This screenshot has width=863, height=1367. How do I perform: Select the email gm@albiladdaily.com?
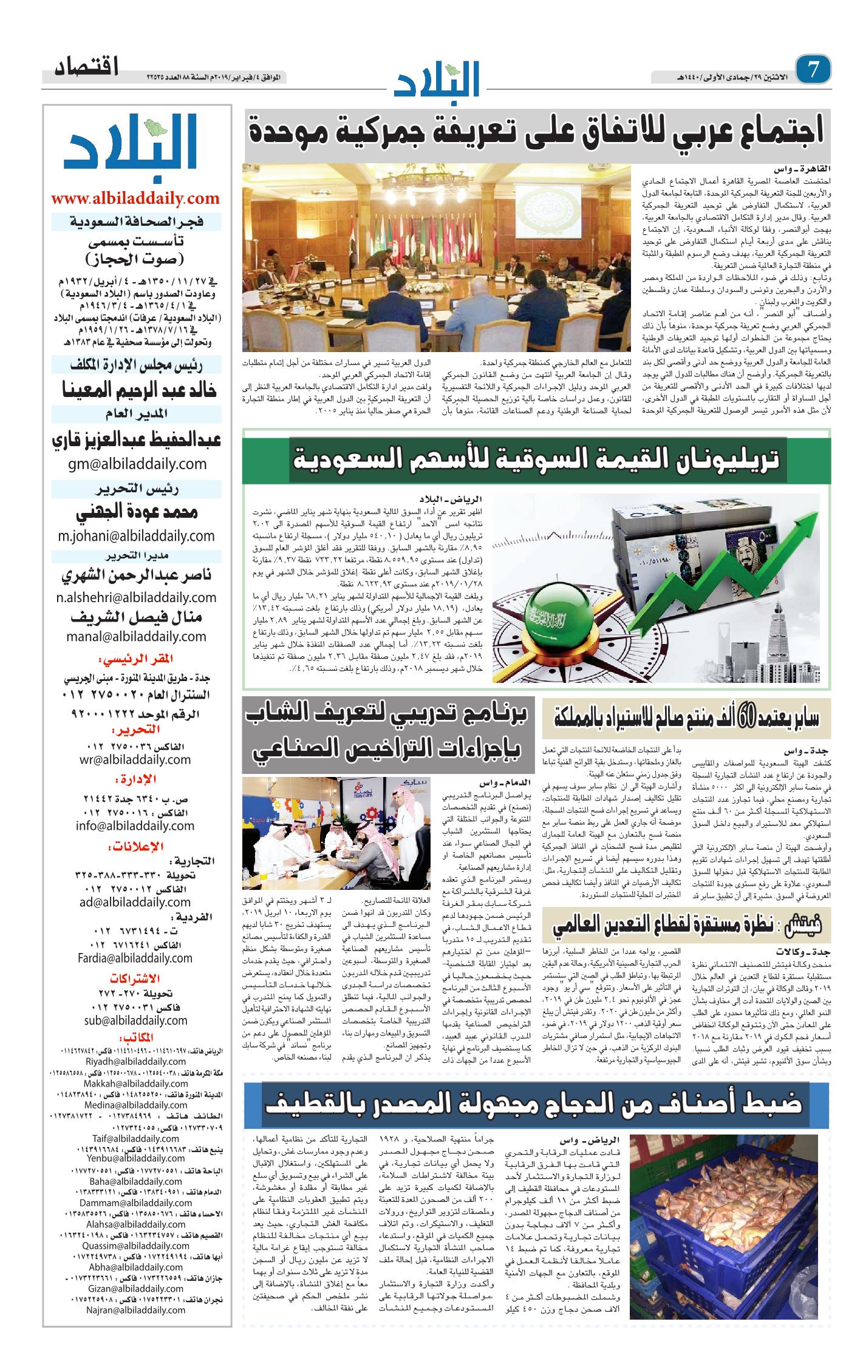click(x=137, y=464)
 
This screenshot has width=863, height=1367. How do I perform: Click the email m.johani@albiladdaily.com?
click(x=136, y=536)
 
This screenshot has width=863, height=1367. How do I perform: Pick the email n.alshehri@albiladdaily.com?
click(x=136, y=597)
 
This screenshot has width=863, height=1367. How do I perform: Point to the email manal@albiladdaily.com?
click(x=137, y=636)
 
